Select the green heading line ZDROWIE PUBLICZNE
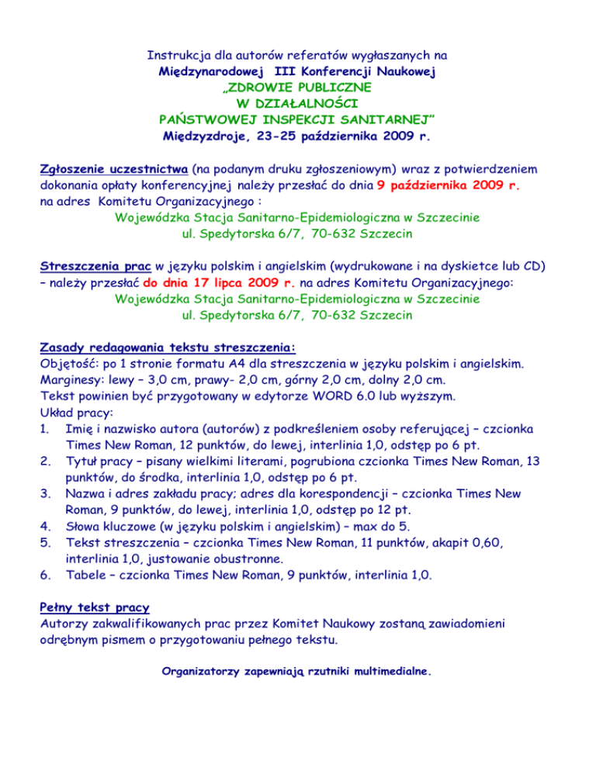[297, 88]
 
